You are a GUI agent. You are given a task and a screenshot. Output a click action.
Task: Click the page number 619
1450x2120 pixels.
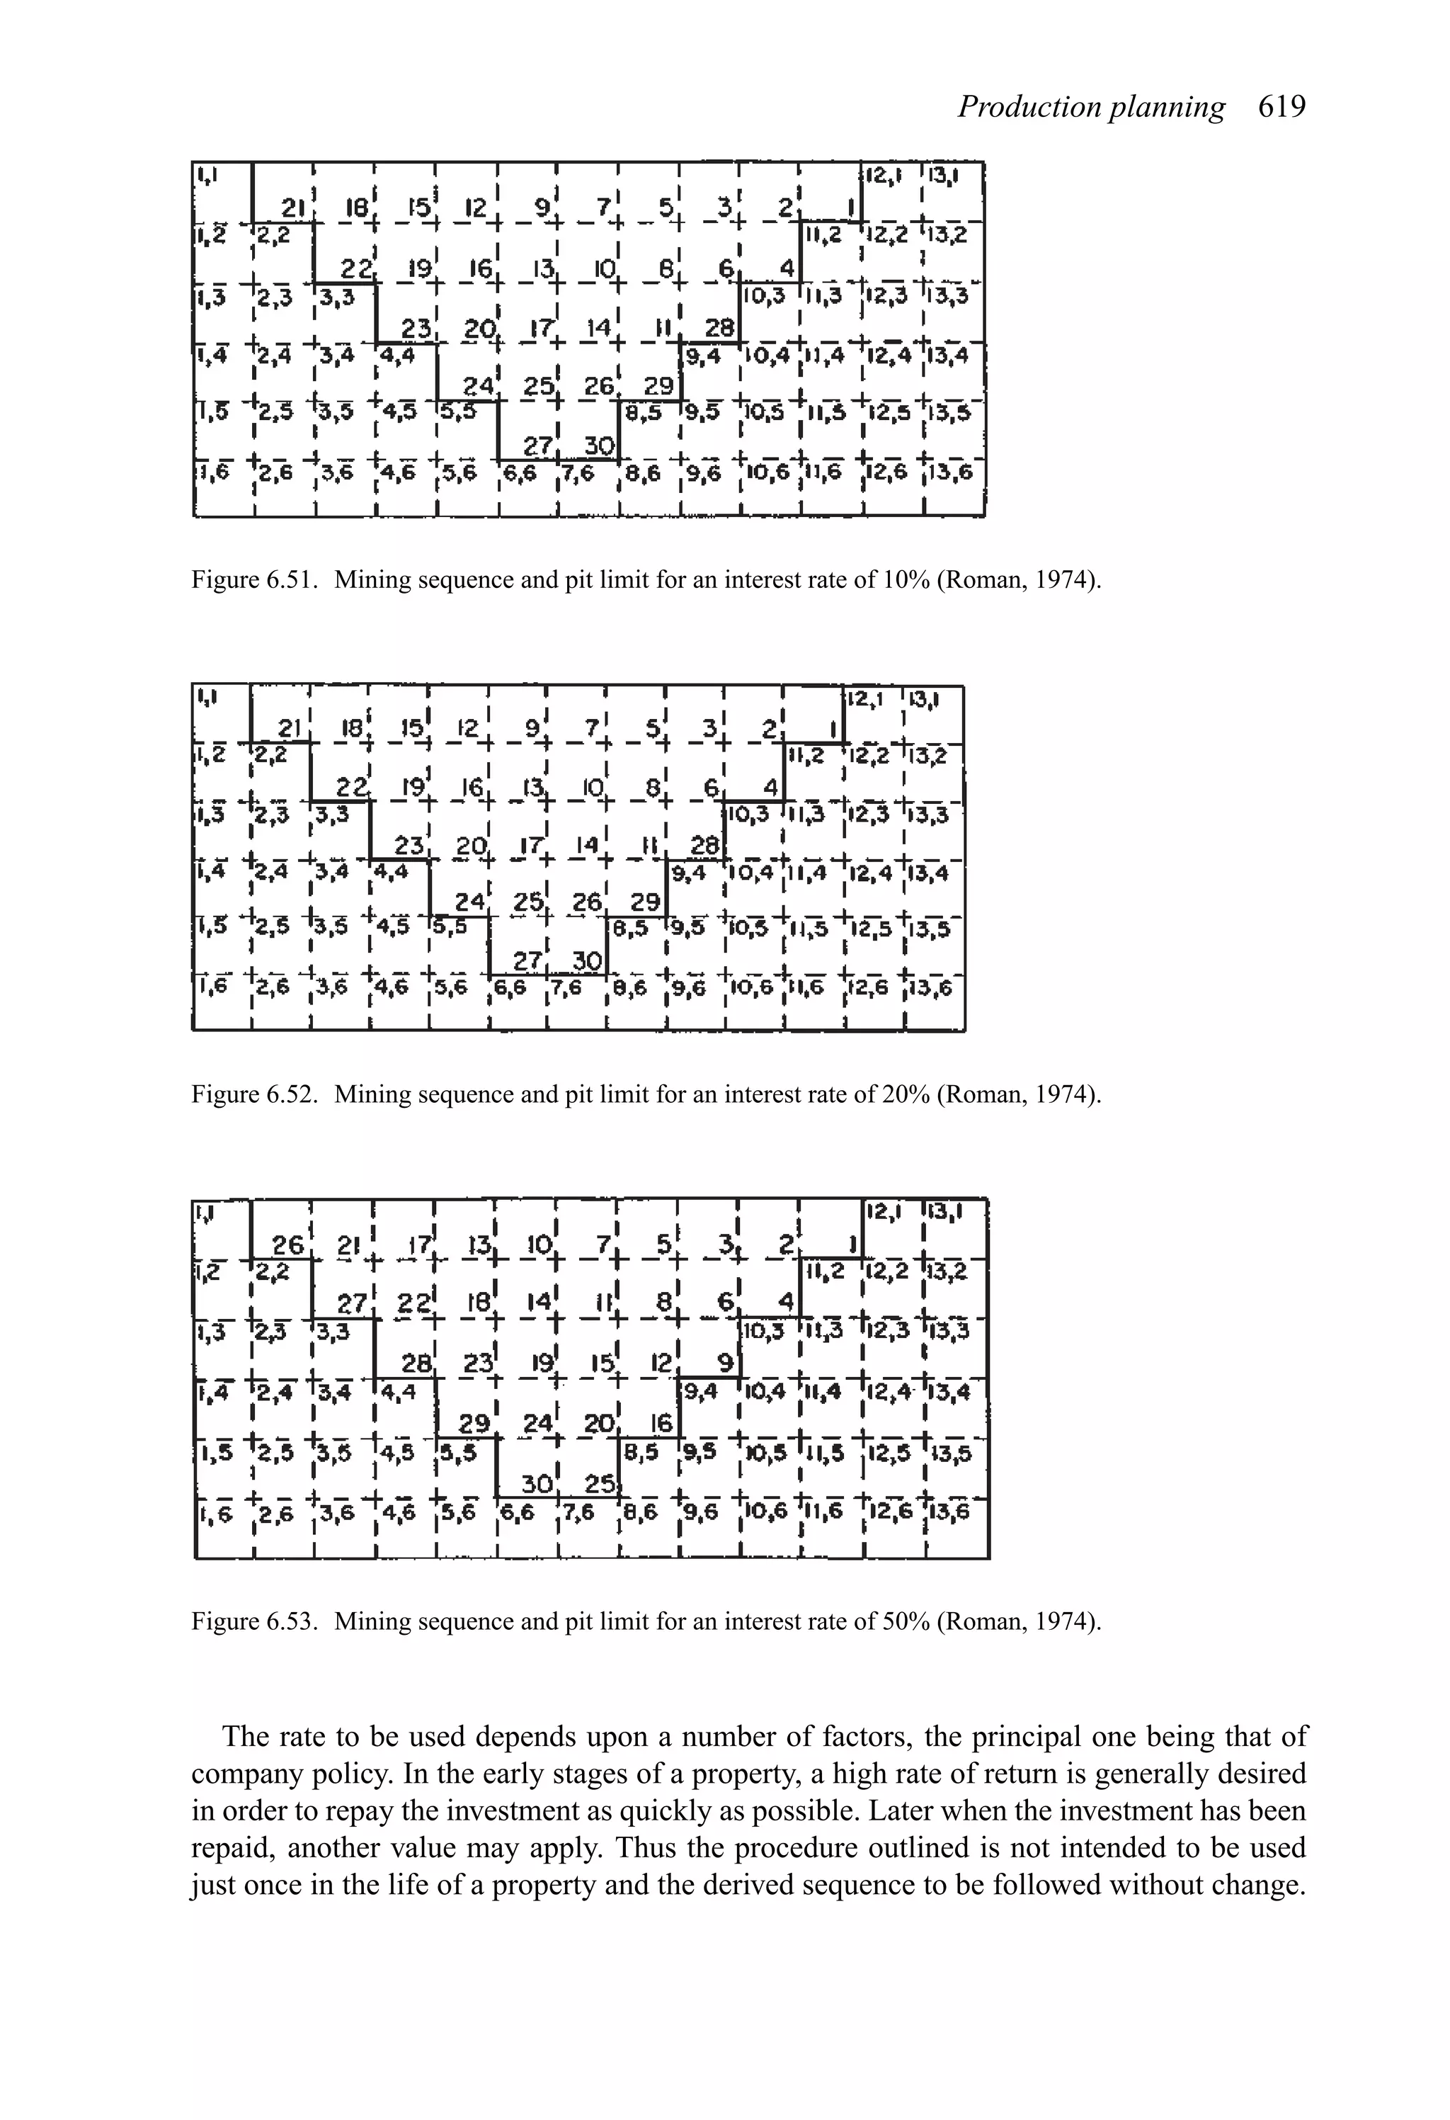(x=1281, y=108)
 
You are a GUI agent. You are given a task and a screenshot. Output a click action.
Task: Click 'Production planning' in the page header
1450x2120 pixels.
(x=1091, y=108)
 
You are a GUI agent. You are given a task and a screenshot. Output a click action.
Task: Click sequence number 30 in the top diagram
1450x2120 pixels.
(x=598, y=445)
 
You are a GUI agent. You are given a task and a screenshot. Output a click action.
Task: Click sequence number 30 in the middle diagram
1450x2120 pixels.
(x=586, y=960)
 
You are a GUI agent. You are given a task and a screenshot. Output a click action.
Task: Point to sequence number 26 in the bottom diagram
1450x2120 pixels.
(x=287, y=1245)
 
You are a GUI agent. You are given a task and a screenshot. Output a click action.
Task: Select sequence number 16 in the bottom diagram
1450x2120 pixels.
(x=661, y=1423)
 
